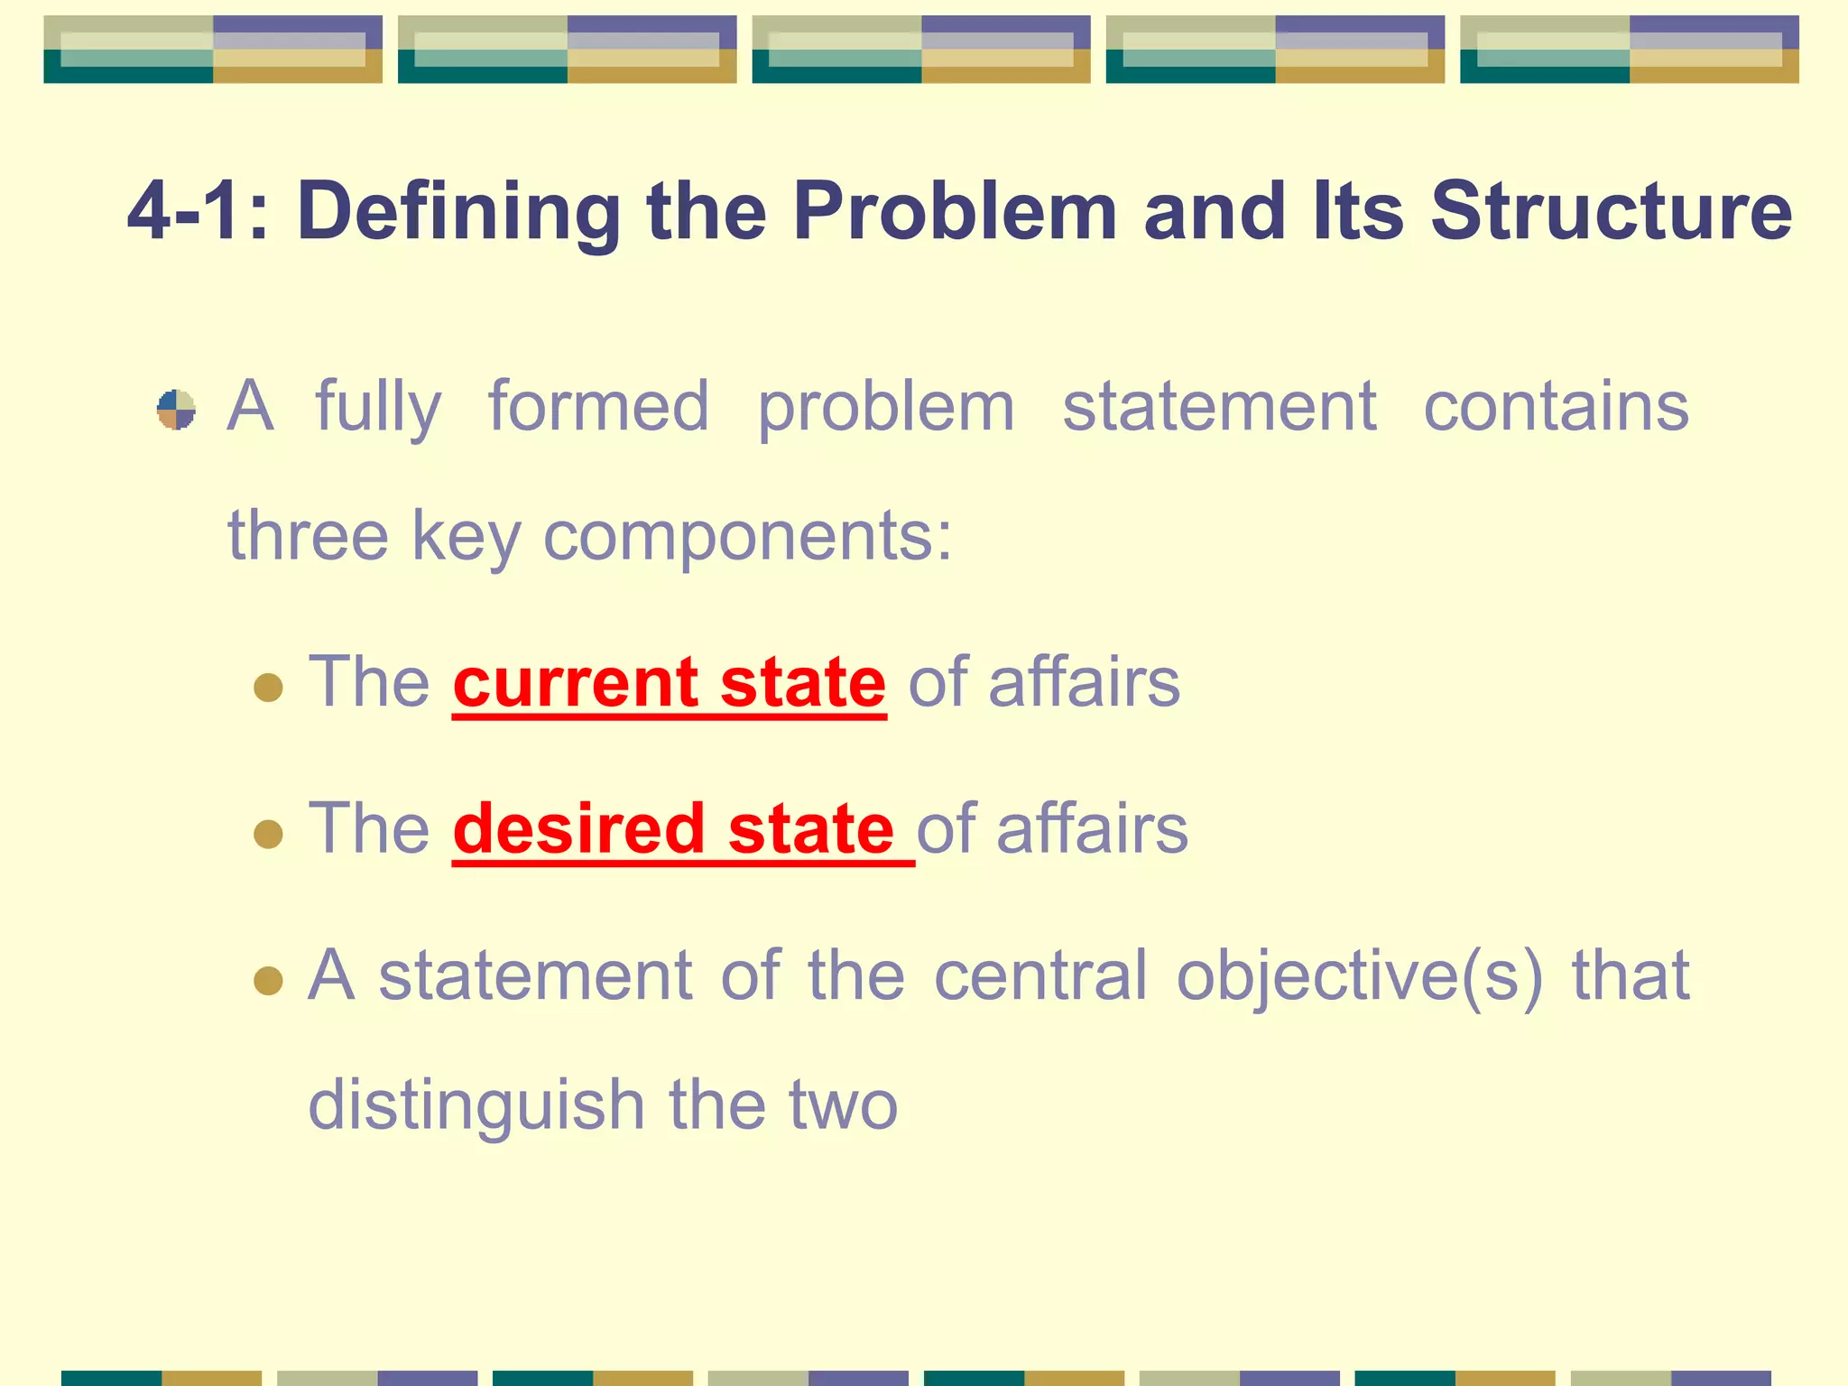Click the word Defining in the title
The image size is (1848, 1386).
[x=457, y=212]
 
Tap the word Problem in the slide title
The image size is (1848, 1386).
[x=955, y=212]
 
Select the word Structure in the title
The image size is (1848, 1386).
[x=1611, y=212]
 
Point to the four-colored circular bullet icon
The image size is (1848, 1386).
[x=176, y=410]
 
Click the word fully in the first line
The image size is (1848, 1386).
[x=378, y=408]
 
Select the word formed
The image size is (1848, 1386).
[x=598, y=408]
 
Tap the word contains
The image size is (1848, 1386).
[x=1556, y=408]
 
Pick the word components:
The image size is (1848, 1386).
[x=747, y=538]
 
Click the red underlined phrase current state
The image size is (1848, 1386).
[x=670, y=683]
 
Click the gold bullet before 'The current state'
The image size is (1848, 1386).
[x=268, y=688]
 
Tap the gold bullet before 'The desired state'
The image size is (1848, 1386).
[x=268, y=834]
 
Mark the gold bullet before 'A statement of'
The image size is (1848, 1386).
[x=268, y=980]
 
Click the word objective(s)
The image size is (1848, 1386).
[x=1360, y=976]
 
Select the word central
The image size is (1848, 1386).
[x=1040, y=976]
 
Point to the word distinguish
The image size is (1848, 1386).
[x=476, y=1106]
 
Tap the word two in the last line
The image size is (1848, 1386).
[x=843, y=1106]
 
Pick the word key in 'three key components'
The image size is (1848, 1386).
[x=467, y=538]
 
